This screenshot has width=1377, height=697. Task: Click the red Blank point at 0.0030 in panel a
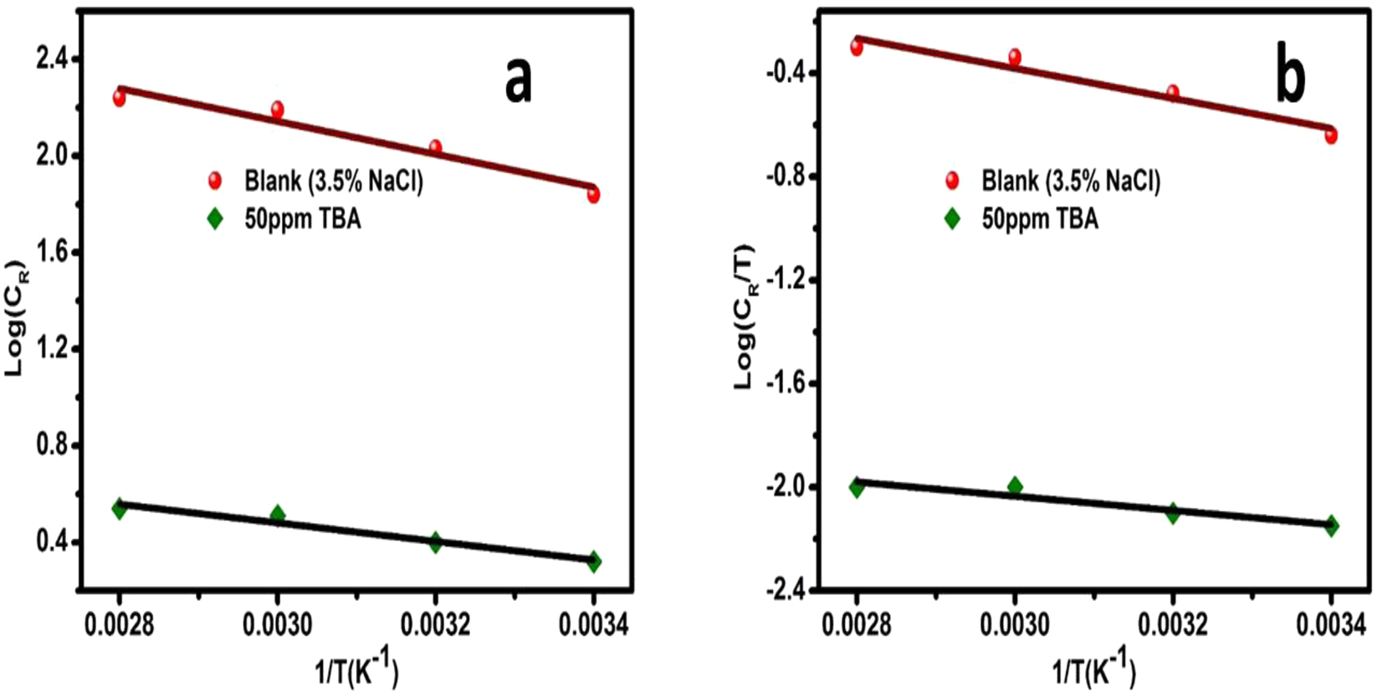coord(277,110)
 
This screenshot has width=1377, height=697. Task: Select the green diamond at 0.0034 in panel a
coord(593,561)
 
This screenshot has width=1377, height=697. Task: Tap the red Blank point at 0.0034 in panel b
coord(1331,135)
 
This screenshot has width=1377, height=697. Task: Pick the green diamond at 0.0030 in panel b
coord(1015,486)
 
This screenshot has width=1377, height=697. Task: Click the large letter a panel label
coord(519,81)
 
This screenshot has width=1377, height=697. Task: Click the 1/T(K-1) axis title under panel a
coord(356,669)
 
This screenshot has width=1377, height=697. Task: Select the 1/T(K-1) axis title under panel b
coord(1093,669)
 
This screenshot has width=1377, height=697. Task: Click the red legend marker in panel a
coord(215,181)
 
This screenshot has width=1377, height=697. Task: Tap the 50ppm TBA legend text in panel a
coord(303,219)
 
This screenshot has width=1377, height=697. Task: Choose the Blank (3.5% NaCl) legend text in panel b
coord(1071,181)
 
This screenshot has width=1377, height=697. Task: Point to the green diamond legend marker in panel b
coord(952,219)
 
